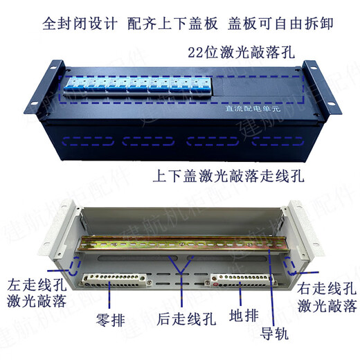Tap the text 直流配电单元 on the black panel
pyautogui.click(x=248, y=108)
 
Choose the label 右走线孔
pyautogui.click(x=327, y=286)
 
